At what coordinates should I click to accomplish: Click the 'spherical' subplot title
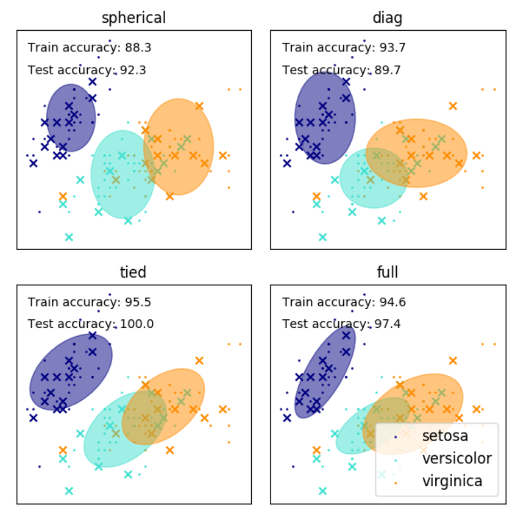coord(133,18)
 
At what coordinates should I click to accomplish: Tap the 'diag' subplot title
coord(387,18)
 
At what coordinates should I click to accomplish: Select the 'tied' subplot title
coord(133,272)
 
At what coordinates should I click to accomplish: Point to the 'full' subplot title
coord(387,272)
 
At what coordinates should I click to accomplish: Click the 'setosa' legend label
coord(445,435)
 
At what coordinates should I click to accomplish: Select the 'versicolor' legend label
coord(456,458)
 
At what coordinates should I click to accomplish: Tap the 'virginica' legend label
coord(452,481)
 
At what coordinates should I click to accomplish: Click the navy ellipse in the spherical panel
coord(71,118)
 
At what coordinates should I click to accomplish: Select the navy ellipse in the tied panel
coord(71,371)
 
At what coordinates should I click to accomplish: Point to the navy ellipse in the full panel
coord(325,371)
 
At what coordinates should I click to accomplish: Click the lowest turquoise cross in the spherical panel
coord(69,237)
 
